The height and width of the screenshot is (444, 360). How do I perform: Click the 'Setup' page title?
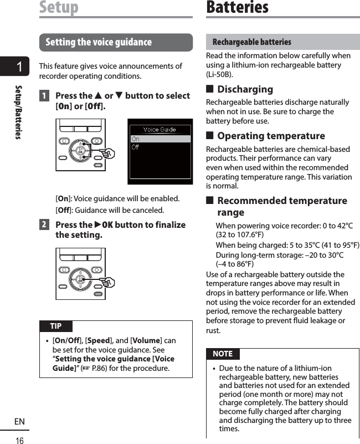pyautogui.click(x=59, y=7)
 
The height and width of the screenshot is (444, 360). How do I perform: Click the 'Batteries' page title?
pyautogui.click(x=237, y=7)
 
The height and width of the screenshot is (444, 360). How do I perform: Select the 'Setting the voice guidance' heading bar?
pyautogui.click(x=116, y=42)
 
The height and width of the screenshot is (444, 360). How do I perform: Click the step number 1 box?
pyautogui.click(x=44, y=96)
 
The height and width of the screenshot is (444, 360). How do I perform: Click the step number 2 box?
pyautogui.click(x=44, y=225)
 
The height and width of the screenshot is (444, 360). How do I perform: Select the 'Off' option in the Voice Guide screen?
pyautogui.click(x=136, y=147)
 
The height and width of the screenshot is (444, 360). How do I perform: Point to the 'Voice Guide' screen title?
pyautogui.click(x=160, y=130)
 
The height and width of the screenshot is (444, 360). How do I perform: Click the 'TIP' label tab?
pyautogui.click(x=56, y=326)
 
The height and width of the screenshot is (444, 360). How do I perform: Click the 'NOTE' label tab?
pyautogui.click(x=223, y=354)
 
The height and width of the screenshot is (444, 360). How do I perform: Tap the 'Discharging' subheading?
pyautogui.click(x=245, y=89)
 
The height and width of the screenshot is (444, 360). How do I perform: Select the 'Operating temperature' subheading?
pyautogui.click(x=271, y=136)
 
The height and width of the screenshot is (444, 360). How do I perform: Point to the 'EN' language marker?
pyautogui.click(x=19, y=422)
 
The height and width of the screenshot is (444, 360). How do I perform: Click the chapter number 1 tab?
pyautogui.click(x=19, y=67)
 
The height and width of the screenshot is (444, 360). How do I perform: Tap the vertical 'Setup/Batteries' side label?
pyautogui.click(x=19, y=111)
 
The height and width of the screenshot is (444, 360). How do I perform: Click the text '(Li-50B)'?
pyautogui.click(x=219, y=74)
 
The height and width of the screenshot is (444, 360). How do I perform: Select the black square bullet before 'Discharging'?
pyautogui.click(x=210, y=89)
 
